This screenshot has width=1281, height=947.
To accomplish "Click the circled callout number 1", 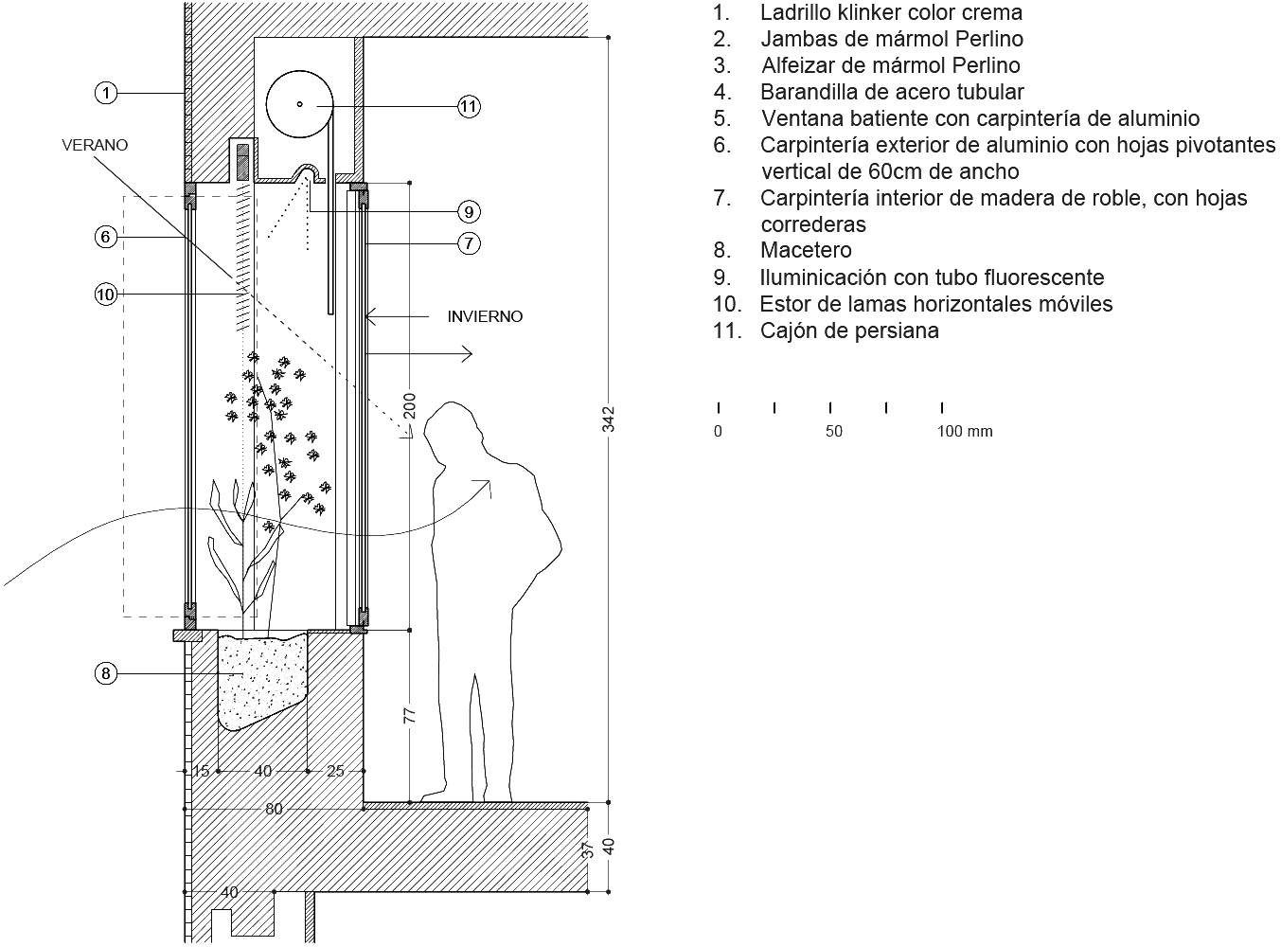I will [x=107, y=93].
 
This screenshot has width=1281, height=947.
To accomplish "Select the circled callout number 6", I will [x=106, y=237].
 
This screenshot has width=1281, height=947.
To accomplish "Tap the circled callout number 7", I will [x=469, y=243].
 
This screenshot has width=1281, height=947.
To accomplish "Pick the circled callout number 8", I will [x=106, y=673].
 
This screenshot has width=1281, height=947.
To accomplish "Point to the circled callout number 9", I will [x=469, y=210].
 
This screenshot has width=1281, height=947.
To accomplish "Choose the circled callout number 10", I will [x=105, y=295].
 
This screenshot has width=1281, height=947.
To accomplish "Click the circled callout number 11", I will [x=469, y=106].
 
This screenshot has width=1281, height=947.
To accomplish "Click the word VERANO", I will [x=95, y=145].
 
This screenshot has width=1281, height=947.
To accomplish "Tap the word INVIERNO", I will [x=485, y=316].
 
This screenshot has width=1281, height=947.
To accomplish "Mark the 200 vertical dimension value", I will [x=410, y=404].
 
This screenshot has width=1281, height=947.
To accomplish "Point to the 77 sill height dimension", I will [x=410, y=715].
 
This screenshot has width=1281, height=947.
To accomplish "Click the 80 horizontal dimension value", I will [x=274, y=809].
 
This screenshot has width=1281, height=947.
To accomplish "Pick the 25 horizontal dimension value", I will [x=336, y=771].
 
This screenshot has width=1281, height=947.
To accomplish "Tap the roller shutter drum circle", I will [x=299, y=104].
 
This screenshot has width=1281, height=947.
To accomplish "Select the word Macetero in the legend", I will [x=806, y=250].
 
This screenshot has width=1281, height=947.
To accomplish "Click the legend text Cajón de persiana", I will [x=849, y=331].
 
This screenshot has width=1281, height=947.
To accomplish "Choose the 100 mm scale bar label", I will [x=965, y=432].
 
